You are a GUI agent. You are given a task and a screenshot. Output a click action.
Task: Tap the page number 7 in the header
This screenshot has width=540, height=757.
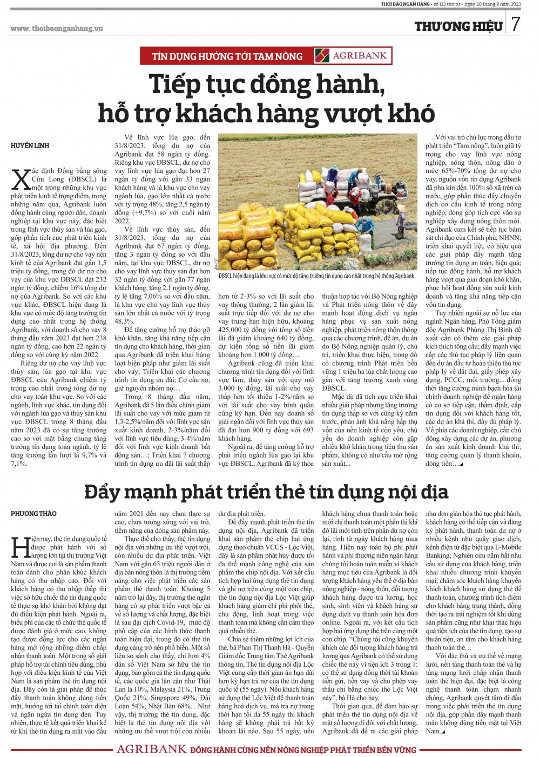tap(516, 25)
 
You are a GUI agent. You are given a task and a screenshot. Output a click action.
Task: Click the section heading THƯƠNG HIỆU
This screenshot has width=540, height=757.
tap(458, 26)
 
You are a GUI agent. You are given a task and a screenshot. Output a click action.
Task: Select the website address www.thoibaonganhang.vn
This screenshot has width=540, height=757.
tap(57, 29)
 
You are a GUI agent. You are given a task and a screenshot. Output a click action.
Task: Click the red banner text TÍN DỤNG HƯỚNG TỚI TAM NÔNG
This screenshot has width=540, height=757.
tap(227, 56)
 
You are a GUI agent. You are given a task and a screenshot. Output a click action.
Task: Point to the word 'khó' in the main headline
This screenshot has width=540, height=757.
tap(411, 113)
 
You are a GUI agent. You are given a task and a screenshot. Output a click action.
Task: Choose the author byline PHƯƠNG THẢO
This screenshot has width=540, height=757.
tap(33, 514)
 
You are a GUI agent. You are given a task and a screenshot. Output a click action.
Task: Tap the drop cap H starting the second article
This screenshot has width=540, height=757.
tap(20, 547)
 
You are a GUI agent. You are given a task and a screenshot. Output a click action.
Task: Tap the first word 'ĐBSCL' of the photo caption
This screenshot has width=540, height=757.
tap(227, 276)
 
